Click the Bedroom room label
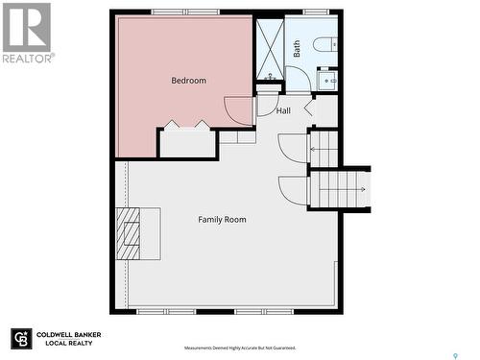pyautogui.click(x=188, y=81)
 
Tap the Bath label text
pyautogui.click(x=297, y=48)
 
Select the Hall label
pyautogui.click(x=283, y=111)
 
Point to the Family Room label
pyautogui.click(x=222, y=220)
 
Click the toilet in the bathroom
pyautogui.click(x=325, y=44)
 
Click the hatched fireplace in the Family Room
pyautogui.click(x=128, y=232)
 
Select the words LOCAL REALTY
pyautogui.click(x=63, y=345)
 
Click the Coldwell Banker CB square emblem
pyautogui.click(x=21, y=340)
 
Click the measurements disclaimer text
pyautogui.click(x=240, y=348)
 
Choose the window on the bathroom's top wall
pyautogui.click(x=316, y=12)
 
